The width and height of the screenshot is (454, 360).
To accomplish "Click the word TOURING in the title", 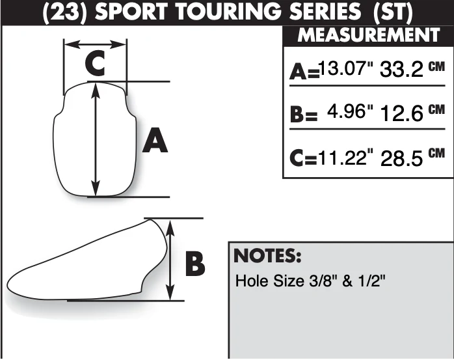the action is [x=228, y=12].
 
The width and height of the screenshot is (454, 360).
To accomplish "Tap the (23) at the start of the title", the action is [x=64, y=13].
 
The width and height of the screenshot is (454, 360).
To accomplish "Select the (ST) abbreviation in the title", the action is [x=393, y=13].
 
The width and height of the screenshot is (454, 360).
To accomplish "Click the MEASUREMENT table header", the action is [x=369, y=35].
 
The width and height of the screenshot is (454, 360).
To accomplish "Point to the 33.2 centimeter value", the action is [x=401, y=70].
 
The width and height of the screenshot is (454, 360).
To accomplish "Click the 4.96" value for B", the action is [x=350, y=111].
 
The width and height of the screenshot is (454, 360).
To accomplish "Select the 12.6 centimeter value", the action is [x=401, y=113].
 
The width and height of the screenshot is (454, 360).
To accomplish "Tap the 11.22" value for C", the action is [x=346, y=158].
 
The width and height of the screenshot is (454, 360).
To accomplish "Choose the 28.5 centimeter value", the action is [x=401, y=159].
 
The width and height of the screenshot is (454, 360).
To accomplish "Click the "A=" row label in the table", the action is [x=304, y=72].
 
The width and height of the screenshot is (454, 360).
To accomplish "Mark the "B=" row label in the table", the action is [x=304, y=114].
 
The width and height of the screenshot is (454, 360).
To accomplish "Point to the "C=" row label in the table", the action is [x=304, y=158].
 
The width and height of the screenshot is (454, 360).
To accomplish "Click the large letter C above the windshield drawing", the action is [x=95, y=63].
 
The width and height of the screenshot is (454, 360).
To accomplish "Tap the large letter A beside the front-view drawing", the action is [x=155, y=141].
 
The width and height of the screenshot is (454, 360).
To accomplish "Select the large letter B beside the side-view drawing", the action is [x=195, y=264].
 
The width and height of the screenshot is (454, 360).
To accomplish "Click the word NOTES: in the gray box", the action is [x=267, y=256].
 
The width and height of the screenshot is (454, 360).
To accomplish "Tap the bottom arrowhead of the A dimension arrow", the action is [x=96, y=188].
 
